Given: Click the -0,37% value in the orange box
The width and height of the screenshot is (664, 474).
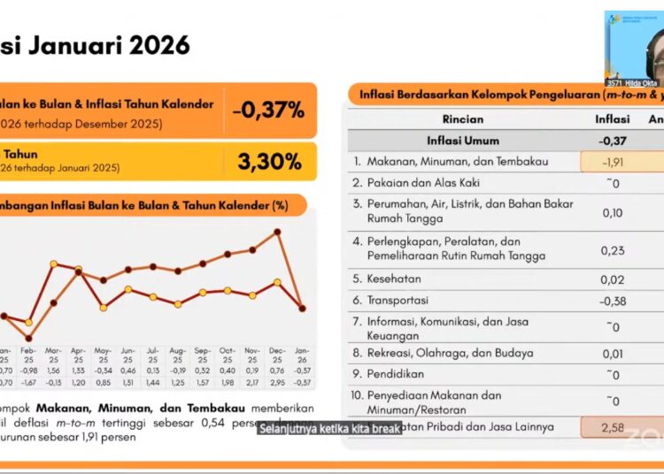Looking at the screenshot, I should click(x=269, y=111).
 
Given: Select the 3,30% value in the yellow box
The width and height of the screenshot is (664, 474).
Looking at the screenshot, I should click(x=270, y=161).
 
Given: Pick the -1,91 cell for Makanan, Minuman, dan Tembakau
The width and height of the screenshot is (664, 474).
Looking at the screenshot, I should click(x=613, y=162).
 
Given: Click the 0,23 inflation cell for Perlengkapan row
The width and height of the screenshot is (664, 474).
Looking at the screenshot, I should click(x=613, y=249).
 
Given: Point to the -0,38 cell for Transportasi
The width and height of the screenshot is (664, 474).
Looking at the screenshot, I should click(x=613, y=301).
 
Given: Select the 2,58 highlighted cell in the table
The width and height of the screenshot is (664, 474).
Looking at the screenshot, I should click(x=613, y=427).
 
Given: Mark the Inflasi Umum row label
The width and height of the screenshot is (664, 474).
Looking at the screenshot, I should click(x=463, y=141).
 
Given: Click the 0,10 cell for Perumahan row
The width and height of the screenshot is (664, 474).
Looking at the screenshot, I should click(x=613, y=212).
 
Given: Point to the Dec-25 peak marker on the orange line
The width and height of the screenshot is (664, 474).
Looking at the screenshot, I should click(x=278, y=232).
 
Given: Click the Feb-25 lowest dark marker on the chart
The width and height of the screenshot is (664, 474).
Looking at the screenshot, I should click(x=29, y=338).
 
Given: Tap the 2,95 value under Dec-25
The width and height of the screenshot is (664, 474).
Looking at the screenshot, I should click(x=278, y=382).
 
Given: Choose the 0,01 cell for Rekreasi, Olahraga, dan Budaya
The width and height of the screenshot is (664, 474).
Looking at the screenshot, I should click(x=613, y=354).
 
